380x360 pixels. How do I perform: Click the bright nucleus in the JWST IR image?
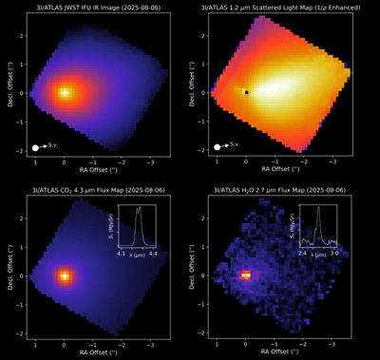64,92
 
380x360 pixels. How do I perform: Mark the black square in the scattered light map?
246,92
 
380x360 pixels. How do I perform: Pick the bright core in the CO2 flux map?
64,275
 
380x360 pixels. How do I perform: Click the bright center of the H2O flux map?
246,275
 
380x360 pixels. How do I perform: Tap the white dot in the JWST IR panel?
35,147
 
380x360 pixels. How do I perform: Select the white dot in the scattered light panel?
218,147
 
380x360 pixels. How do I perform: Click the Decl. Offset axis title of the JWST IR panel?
8,92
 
